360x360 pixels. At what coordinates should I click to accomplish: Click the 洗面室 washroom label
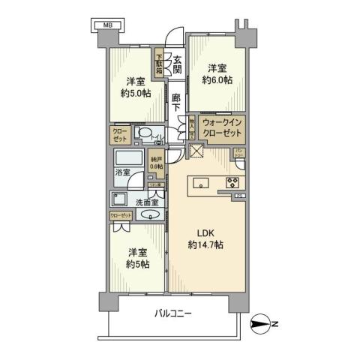(148, 201)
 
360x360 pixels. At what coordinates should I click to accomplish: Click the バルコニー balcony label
(173, 312)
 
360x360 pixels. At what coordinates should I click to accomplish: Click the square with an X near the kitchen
(197, 151)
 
